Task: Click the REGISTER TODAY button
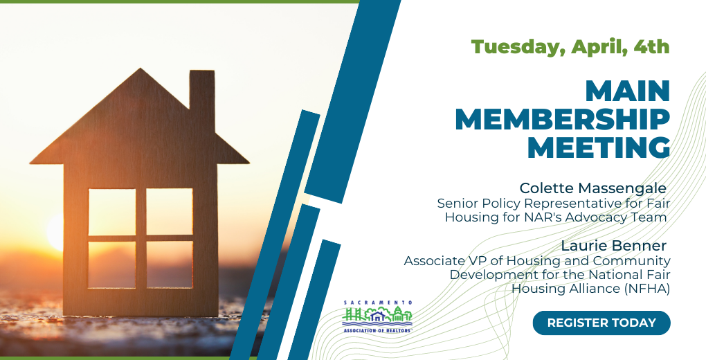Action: tap(601, 323)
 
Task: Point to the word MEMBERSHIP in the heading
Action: tap(562, 119)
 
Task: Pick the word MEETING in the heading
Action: tap(599, 147)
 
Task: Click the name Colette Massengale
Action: tap(592, 188)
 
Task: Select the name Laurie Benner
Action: tap(613, 246)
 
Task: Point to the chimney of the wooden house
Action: tap(201, 99)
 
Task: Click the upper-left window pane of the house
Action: tap(112, 212)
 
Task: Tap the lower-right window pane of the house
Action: tap(170, 264)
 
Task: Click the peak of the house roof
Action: tap(141, 69)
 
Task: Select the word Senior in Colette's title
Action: tap(457, 204)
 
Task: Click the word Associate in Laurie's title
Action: tap(433, 261)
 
